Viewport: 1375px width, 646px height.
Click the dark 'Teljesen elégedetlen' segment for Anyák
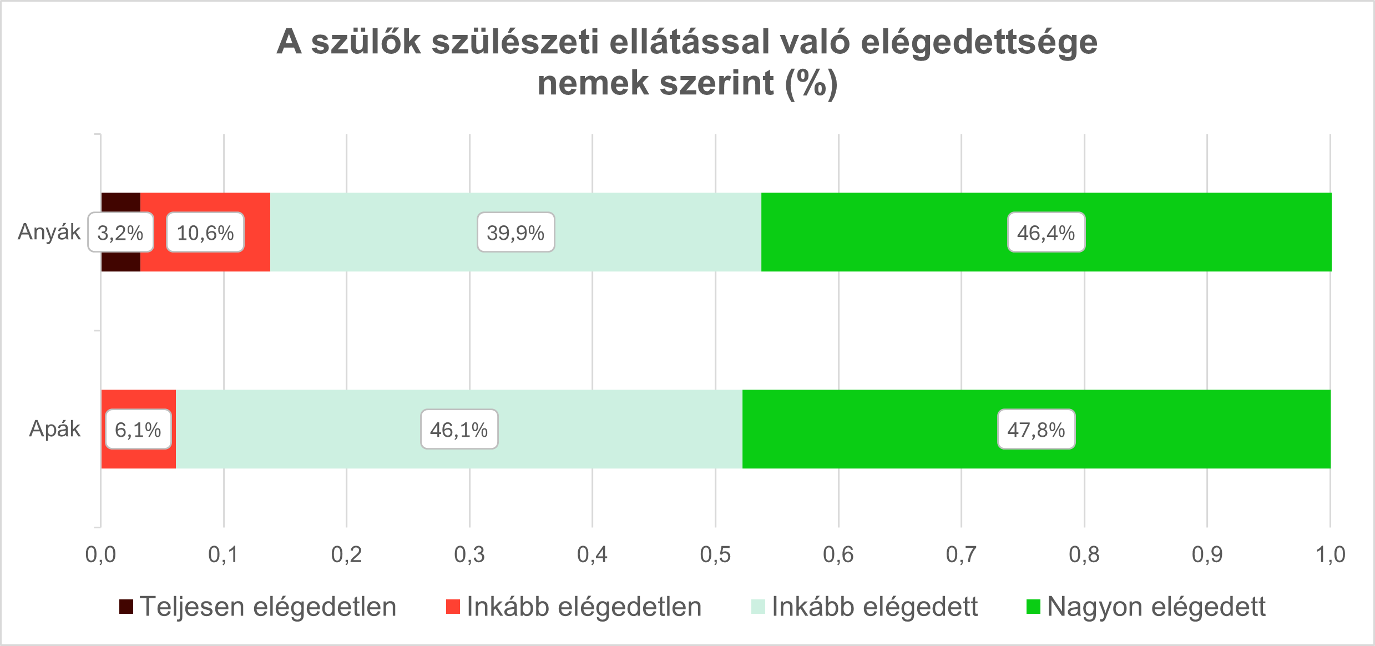tap(121, 203)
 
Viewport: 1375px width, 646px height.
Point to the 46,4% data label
tap(1046, 233)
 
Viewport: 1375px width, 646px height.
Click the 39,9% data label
tap(515, 233)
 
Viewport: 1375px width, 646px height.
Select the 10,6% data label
tap(205, 233)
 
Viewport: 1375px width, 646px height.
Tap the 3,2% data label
tap(120, 233)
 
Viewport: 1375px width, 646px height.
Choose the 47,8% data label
tap(1036, 430)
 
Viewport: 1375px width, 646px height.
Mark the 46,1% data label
tap(459, 430)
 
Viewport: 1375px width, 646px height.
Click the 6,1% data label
tap(138, 430)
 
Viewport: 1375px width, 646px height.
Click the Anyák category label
tap(49, 232)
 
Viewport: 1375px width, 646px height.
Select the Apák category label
tap(55, 429)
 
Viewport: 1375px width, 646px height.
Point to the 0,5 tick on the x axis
tap(715, 554)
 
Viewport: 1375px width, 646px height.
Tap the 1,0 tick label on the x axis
tap(1330, 554)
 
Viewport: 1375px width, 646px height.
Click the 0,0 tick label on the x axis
tap(100, 554)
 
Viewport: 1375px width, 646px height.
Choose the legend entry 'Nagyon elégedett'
tap(1156, 607)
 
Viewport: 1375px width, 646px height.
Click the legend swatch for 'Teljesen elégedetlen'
tap(127, 607)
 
